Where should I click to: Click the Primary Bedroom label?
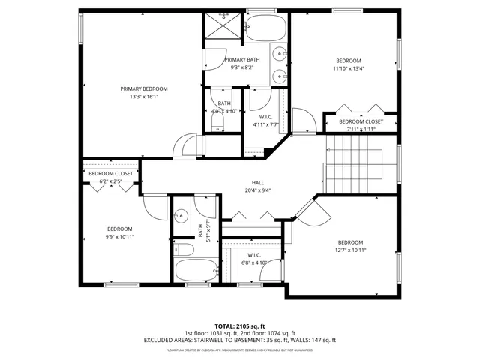click(x=144, y=88)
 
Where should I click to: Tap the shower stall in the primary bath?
click(x=223, y=28)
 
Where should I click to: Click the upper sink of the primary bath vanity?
click(x=278, y=53)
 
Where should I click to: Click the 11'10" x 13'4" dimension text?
click(x=349, y=69)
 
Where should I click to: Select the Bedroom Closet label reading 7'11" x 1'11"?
click(x=361, y=121)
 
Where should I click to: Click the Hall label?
click(x=257, y=182)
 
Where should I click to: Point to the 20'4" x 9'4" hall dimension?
click(x=257, y=190)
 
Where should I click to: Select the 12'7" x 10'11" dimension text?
click(x=350, y=251)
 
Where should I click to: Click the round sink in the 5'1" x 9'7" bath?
click(x=181, y=215)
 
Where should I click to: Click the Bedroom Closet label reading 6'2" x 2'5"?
click(x=111, y=174)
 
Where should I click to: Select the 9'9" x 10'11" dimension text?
click(x=119, y=238)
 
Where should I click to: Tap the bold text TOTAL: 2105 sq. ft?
click(x=239, y=325)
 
